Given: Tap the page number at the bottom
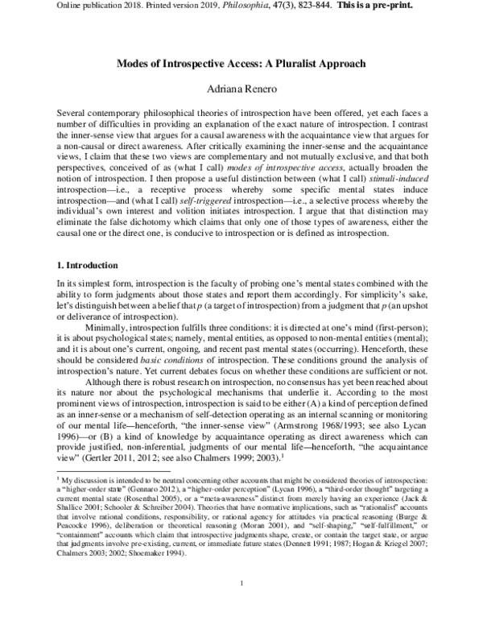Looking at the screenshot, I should (x=242, y=605).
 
